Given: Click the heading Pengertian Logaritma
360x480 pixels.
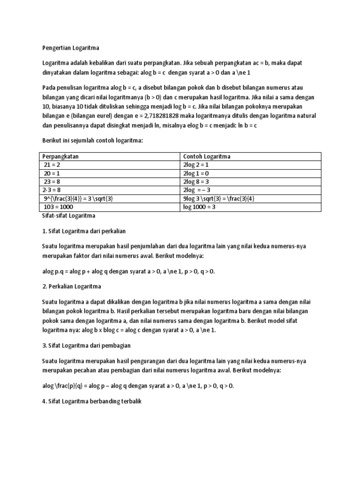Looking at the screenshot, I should (70, 47).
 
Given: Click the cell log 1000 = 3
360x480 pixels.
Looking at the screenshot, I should (199, 207).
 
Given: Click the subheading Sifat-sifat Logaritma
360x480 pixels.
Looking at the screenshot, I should (68, 216).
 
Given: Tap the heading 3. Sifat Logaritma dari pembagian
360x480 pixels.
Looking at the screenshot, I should (86, 345).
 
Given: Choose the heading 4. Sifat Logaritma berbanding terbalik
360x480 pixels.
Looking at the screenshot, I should (92, 402).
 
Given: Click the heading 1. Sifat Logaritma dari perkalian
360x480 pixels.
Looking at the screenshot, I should (84, 231).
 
